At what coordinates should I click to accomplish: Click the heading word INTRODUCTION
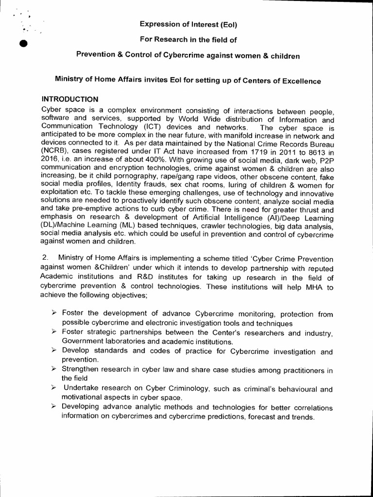(x=70, y=99)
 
